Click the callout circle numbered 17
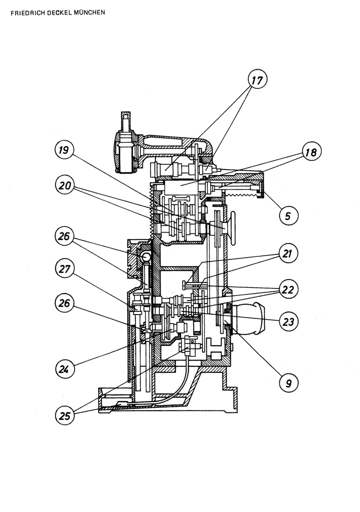pos(258,79)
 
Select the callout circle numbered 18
pos(311,151)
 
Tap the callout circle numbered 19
pos(64,150)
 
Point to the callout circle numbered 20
pos(65,185)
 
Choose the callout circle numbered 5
pos(289,215)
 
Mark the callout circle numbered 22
pos(289,289)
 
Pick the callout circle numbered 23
pos(289,322)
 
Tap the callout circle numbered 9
pos(289,383)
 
